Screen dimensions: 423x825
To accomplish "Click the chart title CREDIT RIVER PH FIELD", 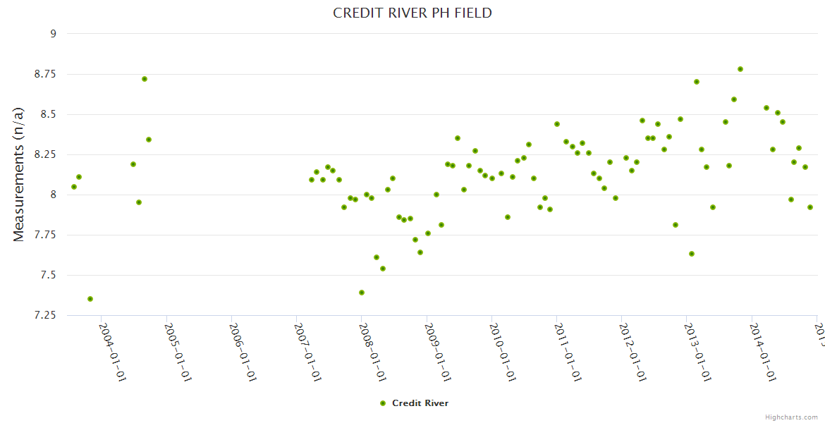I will (412, 13).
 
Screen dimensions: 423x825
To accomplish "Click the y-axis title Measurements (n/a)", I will (19, 174).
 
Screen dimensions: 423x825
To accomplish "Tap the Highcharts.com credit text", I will (791, 417).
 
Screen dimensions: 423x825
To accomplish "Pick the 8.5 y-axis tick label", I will (48, 114).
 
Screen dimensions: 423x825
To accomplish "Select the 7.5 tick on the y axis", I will (48, 275).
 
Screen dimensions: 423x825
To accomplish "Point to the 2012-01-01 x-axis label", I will (632, 352).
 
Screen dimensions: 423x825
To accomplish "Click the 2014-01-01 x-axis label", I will (763, 352).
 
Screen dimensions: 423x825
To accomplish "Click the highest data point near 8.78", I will (740, 69).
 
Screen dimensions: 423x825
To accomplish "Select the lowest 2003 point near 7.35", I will (90, 299).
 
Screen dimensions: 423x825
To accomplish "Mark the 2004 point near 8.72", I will (145, 79).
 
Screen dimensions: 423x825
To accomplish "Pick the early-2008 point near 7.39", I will (362, 293).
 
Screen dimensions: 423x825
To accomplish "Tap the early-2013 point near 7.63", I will (692, 254).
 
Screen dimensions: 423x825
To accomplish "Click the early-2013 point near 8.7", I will (697, 82).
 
